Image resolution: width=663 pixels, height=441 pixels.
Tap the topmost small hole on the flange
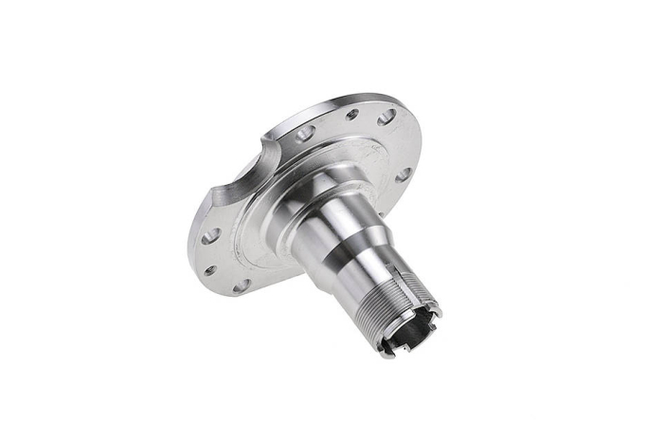352,113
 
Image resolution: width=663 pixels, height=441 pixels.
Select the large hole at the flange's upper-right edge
386,118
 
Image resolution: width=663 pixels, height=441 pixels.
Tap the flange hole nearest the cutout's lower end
210,234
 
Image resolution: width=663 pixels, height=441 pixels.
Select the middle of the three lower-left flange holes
210,270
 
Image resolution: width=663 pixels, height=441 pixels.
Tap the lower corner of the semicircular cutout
209,195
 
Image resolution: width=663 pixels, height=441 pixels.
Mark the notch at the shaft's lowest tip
388,354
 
